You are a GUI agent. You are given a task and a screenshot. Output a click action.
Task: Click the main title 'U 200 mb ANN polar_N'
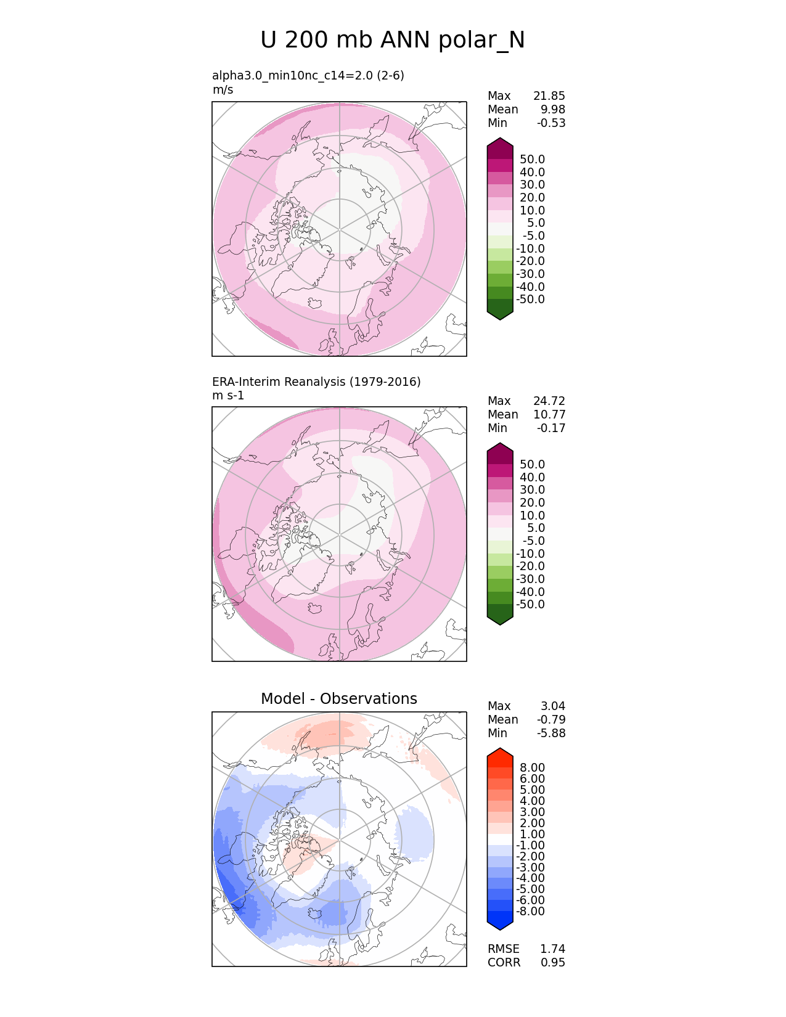pyautogui.click(x=393, y=40)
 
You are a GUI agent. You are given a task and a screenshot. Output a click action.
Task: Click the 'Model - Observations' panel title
pyautogui.click(x=338, y=698)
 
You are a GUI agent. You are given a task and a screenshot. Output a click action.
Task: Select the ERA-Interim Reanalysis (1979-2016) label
pyautogui.click(x=316, y=382)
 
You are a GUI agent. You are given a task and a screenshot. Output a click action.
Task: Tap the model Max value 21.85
pyautogui.click(x=549, y=96)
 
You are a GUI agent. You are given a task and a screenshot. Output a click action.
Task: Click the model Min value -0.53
pyautogui.click(x=551, y=123)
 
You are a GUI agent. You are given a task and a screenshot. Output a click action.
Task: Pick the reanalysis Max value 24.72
pyautogui.click(x=549, y=401)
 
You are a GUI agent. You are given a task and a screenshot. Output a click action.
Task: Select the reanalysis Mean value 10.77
pyautogui.click(x=549, y=414)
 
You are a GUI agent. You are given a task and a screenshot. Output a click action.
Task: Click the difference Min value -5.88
pyautogui.click(x=551, y=733)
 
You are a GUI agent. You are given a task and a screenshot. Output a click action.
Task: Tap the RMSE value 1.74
pyautogui.click(x=552, y=949)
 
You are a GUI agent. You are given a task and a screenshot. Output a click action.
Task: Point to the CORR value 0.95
pyautogui.click(x=552, y=962)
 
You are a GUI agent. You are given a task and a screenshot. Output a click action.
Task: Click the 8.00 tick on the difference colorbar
pyautogui.click(x=532, y=767)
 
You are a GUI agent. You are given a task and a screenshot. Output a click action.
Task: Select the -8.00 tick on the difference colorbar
pyautogui.click(x=530, y=911)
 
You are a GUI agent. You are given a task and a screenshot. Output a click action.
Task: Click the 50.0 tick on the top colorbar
pyautogui.click(x=532, y=159)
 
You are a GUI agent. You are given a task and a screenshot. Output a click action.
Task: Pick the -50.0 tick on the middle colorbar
pyautogui.click(x=530, y=604)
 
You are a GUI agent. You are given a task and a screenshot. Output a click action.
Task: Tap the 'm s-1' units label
pyautogui.click(x=228, y=395)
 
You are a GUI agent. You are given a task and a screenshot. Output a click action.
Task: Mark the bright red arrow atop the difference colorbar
pyautogui.click(x=500, y=757)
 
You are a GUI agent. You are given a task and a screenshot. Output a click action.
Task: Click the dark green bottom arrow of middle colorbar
pyautogui.click(x=500, y=615)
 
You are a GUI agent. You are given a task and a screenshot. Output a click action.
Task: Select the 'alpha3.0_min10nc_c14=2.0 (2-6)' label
pyautogui.click(x=308, y=75)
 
